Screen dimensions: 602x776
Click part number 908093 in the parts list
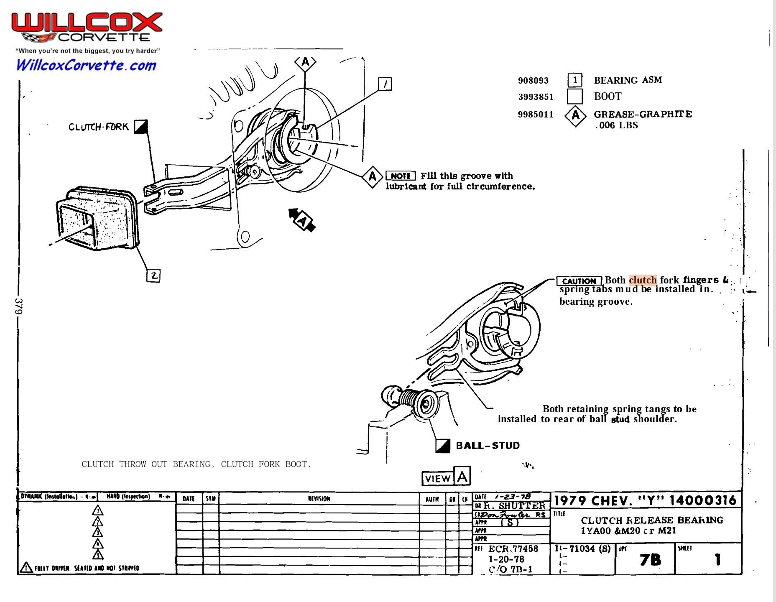(533, 80)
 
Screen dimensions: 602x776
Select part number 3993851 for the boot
(536, 97)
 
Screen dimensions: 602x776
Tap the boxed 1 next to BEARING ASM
(575, 80)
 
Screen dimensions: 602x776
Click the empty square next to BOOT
(574, 96)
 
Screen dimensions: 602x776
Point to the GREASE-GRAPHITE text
(643, 114)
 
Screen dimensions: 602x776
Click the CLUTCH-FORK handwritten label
(99, 127)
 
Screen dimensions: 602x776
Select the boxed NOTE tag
(400, 176)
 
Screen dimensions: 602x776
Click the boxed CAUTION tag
(579, 281)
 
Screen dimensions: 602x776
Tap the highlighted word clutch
(643, 280)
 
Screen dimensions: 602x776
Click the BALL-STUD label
(488, 446)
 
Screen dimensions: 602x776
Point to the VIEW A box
(446, 477)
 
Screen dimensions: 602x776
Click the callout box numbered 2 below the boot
(153, 275)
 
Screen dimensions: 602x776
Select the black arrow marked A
(302, 219)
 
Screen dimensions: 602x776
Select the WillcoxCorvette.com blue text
(86, 65)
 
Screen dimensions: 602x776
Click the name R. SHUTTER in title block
(514, 505)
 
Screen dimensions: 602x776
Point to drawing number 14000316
(702, 500)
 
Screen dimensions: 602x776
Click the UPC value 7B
(650, 560)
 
